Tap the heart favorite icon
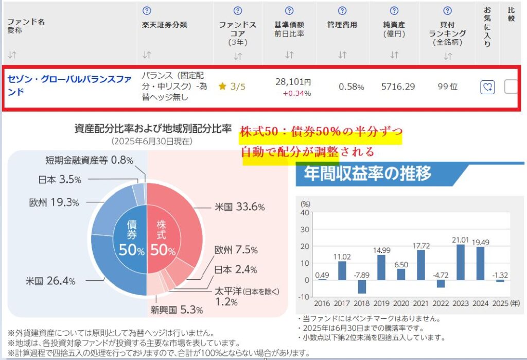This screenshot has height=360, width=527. click(x=487, y=87)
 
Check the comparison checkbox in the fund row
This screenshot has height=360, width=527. click(x=511, y=87)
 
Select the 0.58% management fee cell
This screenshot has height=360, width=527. click(x=351, y=87)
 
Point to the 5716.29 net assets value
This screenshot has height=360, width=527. click(x=398, y=87)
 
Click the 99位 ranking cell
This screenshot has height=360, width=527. click(x=447, y=87)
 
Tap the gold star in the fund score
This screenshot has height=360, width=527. click(x=222, y=87)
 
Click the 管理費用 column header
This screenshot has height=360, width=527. click(x=342, y=24)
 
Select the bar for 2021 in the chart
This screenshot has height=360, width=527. click(x=420, y=265)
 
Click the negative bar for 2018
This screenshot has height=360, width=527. click(x=362, y=286)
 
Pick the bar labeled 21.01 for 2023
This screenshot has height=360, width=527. click(x=460, y=262)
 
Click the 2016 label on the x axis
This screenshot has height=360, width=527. click(x=323, y=304)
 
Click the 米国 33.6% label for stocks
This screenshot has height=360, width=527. click(x=239, y=207)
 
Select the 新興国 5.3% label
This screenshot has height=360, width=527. click(x=177, y=310)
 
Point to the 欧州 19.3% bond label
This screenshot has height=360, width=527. click(x=54, y=202)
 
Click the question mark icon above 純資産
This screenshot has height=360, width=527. click(x=394, y=10)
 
